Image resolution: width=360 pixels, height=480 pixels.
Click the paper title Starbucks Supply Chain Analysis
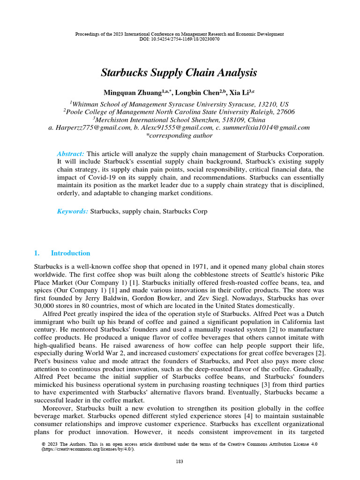click(179, 73)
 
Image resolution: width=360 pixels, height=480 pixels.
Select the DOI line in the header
click(180, 39)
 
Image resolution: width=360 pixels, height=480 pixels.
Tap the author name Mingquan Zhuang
click(135, 93)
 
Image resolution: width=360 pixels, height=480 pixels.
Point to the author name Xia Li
click(238, 93)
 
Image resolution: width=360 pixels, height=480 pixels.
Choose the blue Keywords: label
click(72, 211)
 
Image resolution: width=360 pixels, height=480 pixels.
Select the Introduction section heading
click(70, 253)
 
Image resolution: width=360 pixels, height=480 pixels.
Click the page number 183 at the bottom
click(180, 462)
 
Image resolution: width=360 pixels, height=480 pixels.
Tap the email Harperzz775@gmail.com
click(91, 127)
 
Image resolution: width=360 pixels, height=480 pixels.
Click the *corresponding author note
click(180, 136)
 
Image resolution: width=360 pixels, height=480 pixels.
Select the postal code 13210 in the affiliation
click(267, 104)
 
